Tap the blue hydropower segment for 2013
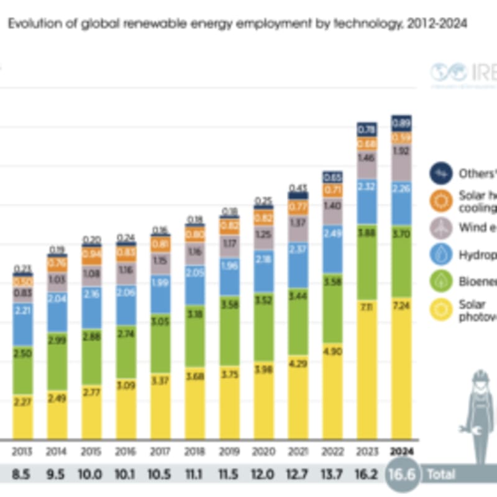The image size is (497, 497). coord(24,323)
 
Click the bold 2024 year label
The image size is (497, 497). coord(402,452)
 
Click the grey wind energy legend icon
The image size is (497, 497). coord(442,227)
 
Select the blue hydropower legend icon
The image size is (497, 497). coord(442,255)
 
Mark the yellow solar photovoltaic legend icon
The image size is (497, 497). coord(442,309)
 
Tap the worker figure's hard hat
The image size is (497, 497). coord(480,377)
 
